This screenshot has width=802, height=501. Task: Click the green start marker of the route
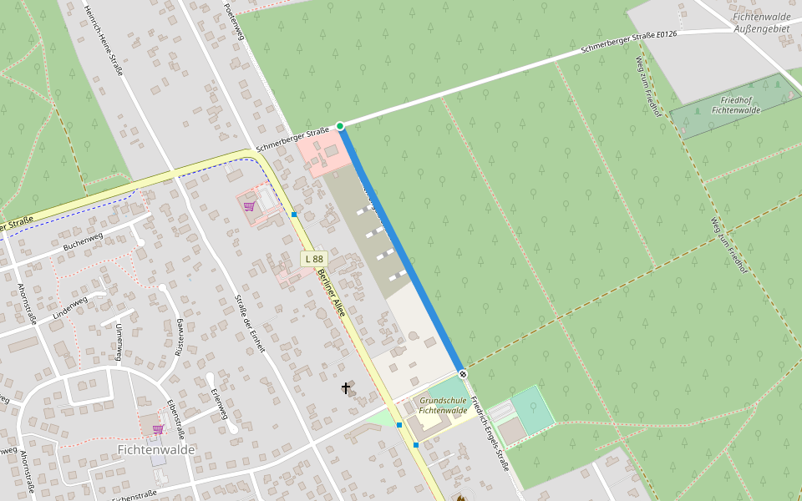[340, 126]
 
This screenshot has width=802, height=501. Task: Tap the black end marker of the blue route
[463, 374]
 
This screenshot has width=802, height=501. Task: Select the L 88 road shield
[313, 259]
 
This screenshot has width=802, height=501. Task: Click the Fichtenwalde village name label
[156, 449]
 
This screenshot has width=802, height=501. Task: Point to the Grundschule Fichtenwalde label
[443, 405]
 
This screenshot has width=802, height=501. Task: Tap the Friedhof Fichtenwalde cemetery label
[735, 104]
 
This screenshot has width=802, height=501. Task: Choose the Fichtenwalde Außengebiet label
[761, 23]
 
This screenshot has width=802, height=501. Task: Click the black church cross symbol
[346, 387]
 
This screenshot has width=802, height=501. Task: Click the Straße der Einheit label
[250, 323]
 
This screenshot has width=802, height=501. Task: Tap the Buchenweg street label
[84, 240]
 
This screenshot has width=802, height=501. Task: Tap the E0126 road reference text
[666, 34]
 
